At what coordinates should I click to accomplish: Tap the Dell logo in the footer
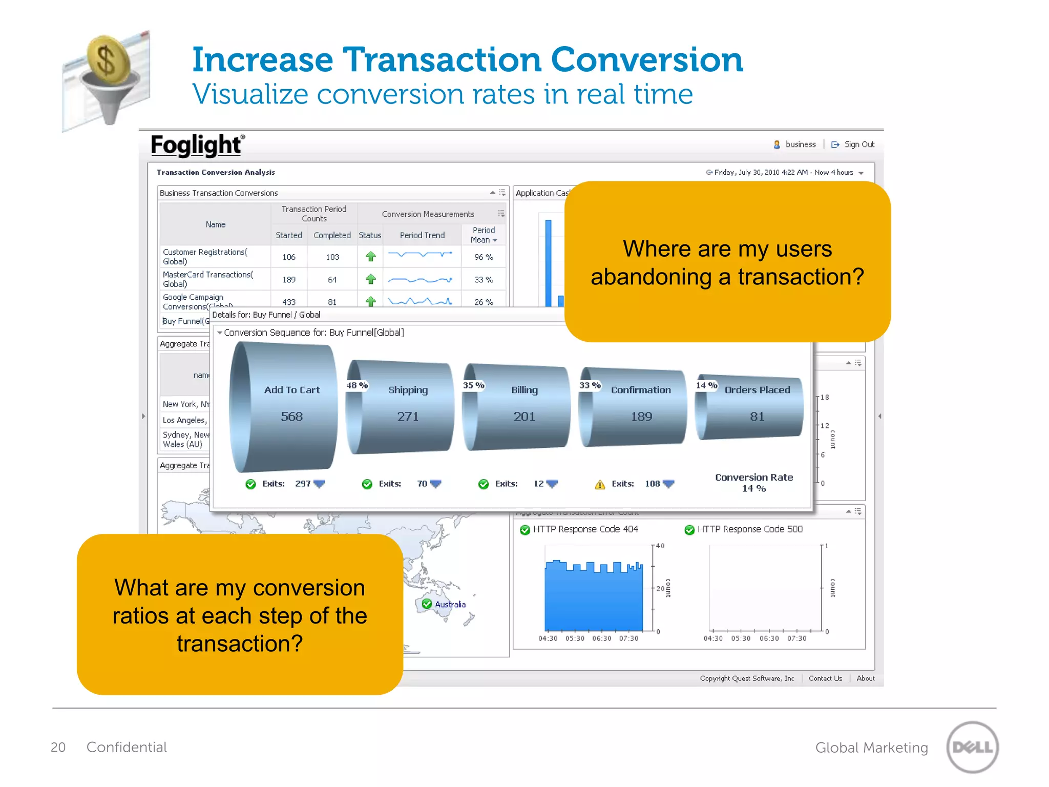972,747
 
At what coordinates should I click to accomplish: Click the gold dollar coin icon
108,60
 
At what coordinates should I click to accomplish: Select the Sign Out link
859,144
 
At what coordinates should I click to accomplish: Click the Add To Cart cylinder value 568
291,417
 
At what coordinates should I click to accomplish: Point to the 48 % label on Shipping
357,385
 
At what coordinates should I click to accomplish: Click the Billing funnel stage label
524,390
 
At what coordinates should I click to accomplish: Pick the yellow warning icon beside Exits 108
600,484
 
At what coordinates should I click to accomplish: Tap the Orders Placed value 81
757,417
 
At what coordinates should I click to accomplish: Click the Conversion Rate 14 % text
753,483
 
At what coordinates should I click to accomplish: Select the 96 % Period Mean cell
483,257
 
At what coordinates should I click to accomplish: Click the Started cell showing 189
289,280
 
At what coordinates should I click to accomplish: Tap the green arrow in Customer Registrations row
371,257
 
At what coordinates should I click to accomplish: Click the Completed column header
332,235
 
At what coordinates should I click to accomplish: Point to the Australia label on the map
450,605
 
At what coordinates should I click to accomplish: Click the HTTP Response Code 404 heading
585,529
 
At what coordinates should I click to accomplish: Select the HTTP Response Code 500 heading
749,529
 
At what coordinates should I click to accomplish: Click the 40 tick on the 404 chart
660,546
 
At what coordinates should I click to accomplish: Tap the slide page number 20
58,748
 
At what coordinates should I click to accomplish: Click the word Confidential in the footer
127,748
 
